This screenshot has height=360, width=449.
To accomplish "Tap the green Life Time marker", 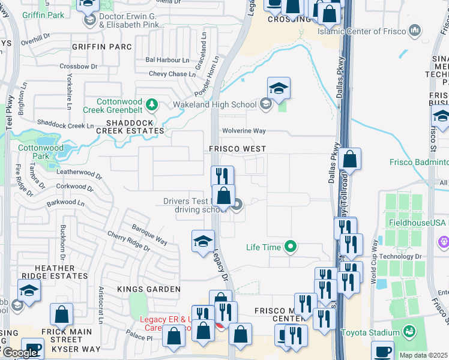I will click(291, 247).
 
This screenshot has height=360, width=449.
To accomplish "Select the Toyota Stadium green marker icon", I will click(409, 332).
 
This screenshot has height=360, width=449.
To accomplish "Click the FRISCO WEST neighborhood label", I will click(237, 148).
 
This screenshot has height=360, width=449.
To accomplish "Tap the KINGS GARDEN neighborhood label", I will click(149, 289).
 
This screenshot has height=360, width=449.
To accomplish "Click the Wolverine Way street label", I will click(244, 130).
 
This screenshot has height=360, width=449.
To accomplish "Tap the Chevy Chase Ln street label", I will click(172, 74).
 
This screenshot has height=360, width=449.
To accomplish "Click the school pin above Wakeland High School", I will click(279, 89).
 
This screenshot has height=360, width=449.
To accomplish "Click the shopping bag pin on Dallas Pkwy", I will click(349, 160).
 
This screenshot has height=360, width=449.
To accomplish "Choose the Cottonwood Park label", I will click(33, 151).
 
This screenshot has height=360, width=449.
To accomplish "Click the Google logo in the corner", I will click(19, 353).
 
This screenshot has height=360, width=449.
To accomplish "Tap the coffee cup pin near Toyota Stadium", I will click(382, 351).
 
